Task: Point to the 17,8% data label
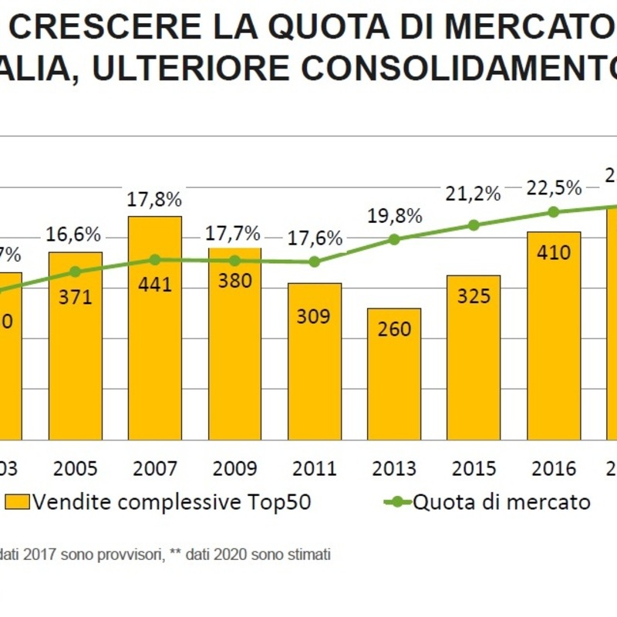pos(155,200)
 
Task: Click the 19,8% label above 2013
pos(394,215)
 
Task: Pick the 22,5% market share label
pos(554,188)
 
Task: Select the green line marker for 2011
pos(314,261)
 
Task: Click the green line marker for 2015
pos(474,225)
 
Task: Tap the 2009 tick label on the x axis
pos(234,468)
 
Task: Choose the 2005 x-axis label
pos(76,468)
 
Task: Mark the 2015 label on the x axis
pos(474,468)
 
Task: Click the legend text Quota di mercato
pos(502,502)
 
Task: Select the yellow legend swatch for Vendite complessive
pos(17,502)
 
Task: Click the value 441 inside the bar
pos(155,285)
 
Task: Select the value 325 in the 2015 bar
pos(474,295)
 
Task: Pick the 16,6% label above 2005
pos(76,234)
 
